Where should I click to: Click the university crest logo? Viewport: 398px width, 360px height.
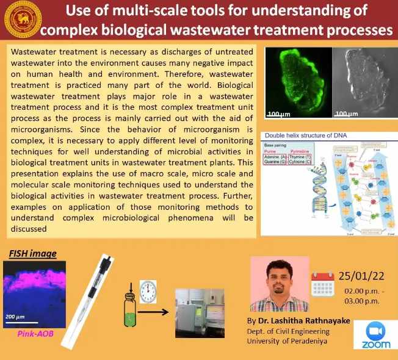[20, 20]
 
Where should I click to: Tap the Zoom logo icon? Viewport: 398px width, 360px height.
[375, 335]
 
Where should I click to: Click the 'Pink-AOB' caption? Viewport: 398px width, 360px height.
[30, 334]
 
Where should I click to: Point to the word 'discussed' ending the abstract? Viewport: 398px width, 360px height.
[29, 229]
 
